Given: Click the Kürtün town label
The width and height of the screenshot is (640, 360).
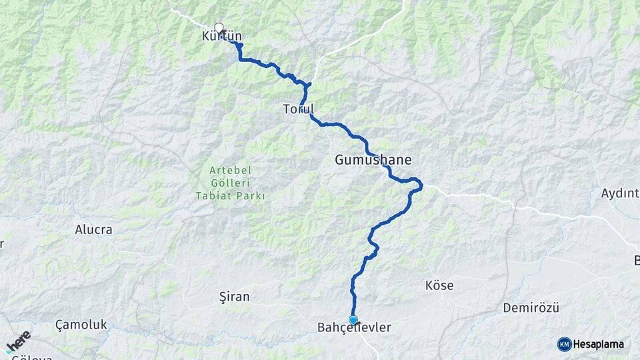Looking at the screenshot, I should pyautogui.click(x=221, y=37).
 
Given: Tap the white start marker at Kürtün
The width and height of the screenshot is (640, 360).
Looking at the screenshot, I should pyautogui.click(x=219, y=28).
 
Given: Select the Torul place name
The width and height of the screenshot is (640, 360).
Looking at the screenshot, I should pyautogui.click(x=298, y=109).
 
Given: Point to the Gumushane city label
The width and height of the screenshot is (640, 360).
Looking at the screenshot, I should pyautogui.click(x=373, y=160).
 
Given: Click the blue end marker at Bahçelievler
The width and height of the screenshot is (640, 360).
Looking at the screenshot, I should pyautogui.click(x=353, y=320).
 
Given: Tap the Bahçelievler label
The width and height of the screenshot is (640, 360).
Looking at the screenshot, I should pyautogui.click(x=354, y=328).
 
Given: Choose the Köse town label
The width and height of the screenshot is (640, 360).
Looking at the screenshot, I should pyautogui.click(x=439, y=285).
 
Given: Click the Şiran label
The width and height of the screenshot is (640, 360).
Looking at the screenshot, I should pyautogui.click(x=234, y=297).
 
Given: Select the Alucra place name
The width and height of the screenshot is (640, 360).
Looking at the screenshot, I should pyautogui.click(x=93, y=229).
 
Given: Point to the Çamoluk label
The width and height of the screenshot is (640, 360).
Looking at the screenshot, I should pyautogui.click(x=81, y=325).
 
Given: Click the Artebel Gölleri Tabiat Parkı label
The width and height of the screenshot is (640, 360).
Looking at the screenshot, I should pyautogui.click(x=231, y=183).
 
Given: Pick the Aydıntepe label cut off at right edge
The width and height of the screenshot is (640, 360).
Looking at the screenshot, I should pyautogui.click(x=620, y=193).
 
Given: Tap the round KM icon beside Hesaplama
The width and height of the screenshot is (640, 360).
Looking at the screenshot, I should pyautogui.click(x=564, y=344).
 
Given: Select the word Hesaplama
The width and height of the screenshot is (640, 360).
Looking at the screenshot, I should pyautogui.click(x=599, y=344).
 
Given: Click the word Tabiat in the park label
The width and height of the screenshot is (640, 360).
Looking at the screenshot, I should pyautogui.click(x=212, y=196).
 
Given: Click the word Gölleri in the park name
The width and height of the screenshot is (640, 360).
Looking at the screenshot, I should pyautogui.click(x=231, y=183).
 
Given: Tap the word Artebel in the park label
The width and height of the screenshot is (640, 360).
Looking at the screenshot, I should pyautogui.click(x=231, y=171).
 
